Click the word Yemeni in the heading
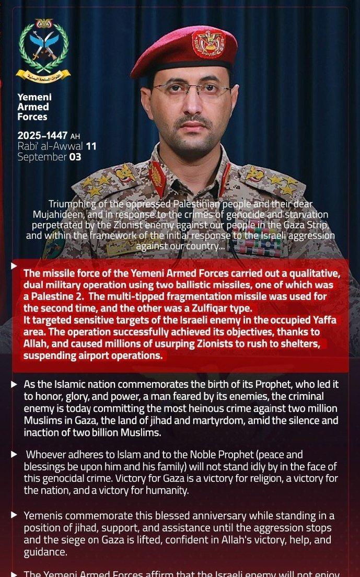pyautogui.click(x=34, y=97)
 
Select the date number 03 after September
pyautogui.click(x=75, y=157)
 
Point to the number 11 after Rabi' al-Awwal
pyautogui.click(x=91, y=146)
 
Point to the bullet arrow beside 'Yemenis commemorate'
pyautogui.click(x=14, y=515)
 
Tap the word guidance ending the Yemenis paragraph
pyautogui.click(x=44, y=550)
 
